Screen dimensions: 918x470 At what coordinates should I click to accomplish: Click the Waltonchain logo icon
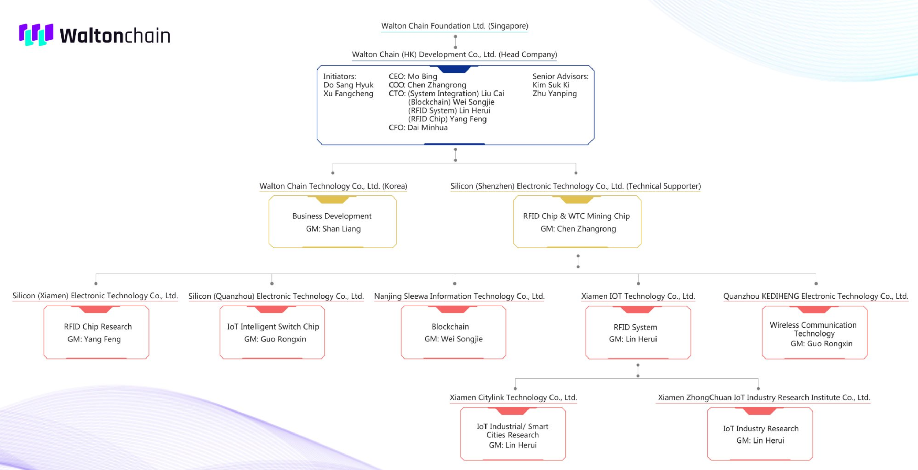pyautogui.click(x=36, y=34)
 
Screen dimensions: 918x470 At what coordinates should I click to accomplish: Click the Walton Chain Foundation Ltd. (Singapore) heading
pyautogui.click(x=455, y=26)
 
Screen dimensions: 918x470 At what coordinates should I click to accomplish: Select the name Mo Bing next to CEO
pyautogui.click(x=422, y=76)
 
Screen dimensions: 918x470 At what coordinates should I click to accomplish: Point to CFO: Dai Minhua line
pyautogui.click(x=418, y=128)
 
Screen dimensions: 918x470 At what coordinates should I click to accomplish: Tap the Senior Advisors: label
pyautogui.click(x=561, y=76)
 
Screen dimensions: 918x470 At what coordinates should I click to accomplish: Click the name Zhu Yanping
pyautogui.click(x=555, y=93)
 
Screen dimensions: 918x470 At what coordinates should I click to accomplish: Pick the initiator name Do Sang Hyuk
pyautogui.click(x=348, y=85)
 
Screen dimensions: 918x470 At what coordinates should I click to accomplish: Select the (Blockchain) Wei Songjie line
pyautogui.click(x=451, y=102)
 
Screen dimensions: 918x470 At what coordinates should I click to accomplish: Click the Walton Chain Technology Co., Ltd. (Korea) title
pyautogui.click(x=333, y=186)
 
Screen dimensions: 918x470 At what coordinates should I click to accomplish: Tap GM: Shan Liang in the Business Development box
pyautogui.click(x=333, y=229)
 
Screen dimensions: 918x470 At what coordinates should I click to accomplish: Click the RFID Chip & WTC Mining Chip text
pyautogui.click(x=576, y=216)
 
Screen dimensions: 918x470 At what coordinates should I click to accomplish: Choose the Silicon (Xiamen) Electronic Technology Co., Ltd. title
pyautogui.click(x=95, y=296)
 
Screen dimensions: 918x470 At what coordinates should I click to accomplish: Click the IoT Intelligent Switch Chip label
pyautogui.click(x=273, y=327)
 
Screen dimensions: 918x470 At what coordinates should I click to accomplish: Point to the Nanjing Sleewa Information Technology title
pyautogui.click(x=459, y=296)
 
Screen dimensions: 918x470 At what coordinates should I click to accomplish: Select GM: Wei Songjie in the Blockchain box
pyautogui.click(x=453, y=339)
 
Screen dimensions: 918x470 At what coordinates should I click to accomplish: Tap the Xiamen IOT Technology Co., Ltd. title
pyautogui.click(x=638, y=296)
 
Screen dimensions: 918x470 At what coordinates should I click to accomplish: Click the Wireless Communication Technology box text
pyautogui.click(x=813, y=329)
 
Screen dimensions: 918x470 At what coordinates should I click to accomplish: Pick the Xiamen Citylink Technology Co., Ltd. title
pyautogui.click(x=513, y=397)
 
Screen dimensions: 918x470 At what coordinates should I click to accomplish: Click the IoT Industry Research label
pyautogui.click(x=760, y=429)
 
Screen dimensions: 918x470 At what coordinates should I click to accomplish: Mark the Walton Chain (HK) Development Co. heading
pyautogui.click(x=455, y=54)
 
